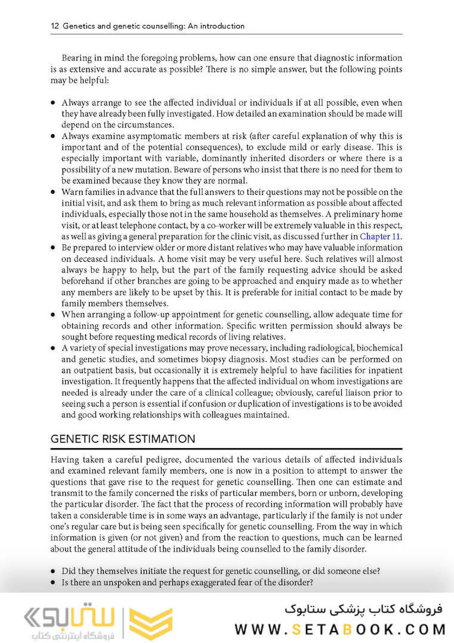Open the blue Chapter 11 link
(x=381, y=237)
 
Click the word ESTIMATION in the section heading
(x=162, y=439)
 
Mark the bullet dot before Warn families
(x=53, y=192)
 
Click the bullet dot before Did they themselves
(x=53, y=570)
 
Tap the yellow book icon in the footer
(x=150, y=622)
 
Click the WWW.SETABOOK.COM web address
(x=339, y=629)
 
